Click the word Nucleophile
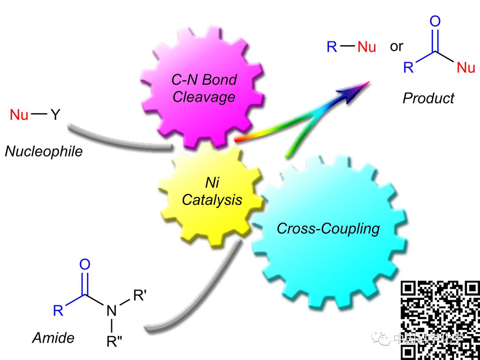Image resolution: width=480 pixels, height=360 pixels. click(x=44, y=152)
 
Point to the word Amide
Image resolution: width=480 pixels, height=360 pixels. click(x=53, y=338)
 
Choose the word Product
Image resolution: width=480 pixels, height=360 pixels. click(x=428, y=98)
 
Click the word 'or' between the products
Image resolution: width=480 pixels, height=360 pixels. click(x=396, y=46)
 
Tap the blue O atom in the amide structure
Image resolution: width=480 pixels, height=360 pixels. click(x=84, y=265)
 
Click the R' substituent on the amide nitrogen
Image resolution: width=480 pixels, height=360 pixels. click(x=139, y=296)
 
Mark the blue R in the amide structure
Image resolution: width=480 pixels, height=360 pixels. click(x=58, y=310)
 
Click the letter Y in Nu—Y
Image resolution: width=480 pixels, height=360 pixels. click(x=55, y=116)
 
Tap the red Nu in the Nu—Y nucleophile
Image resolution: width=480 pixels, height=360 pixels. click(x=19, y=116)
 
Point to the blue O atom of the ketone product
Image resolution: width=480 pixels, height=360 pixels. click(x=435, y=21)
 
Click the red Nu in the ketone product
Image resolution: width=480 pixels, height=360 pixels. click(x=466, y=68)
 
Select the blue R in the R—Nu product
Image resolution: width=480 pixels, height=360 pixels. click(x=332, y=47)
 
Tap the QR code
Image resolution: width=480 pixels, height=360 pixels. click(x=440, y=320)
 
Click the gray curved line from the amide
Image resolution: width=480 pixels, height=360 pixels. click(x=196, y=293)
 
